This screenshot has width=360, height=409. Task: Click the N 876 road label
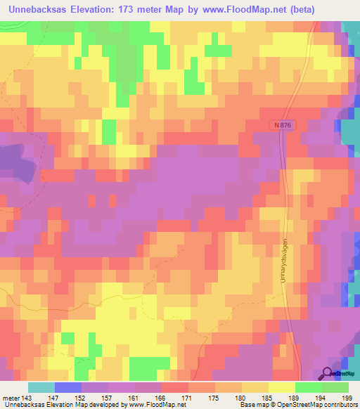coord(278,124)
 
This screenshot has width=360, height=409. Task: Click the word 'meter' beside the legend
coord(11,398)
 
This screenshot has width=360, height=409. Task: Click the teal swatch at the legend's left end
coord(41,387)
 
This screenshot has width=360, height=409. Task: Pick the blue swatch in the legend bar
coord(68,387)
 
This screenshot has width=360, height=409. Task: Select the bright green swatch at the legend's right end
coord(335,387)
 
